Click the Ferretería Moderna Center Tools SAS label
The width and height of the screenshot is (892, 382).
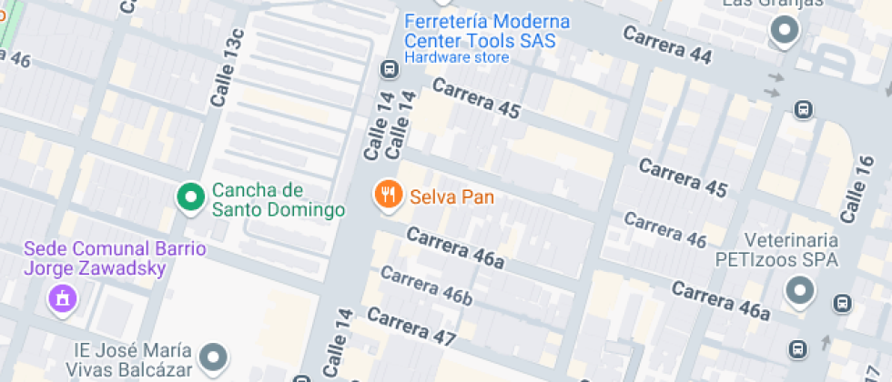(487, 31)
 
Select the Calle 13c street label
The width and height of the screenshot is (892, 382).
(228, 68)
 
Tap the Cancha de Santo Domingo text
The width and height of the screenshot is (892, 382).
(279, 200)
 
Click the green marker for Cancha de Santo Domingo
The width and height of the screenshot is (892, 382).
(190, 196)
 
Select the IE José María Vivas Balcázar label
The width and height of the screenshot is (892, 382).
(133, 360)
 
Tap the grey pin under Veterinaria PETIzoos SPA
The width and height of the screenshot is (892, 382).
(800, 290)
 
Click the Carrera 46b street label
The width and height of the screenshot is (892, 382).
(426, 286)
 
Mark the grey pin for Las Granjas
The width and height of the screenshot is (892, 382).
(783, 32)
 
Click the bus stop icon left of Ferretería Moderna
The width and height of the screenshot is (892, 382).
(389, 68)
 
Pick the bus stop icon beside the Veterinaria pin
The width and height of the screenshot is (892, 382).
(843, 303)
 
